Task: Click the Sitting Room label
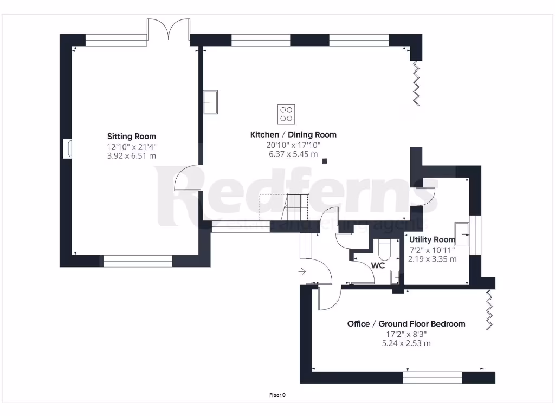(x=132, y=136)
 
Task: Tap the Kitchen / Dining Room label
(x=293, y=135)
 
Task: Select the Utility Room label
(x=432, y=239)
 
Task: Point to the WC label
(x=378, y=266)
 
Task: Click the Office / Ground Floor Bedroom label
(x=406, y=324)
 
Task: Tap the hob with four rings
(x=286, y=114)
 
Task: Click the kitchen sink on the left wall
(x=210, y=102)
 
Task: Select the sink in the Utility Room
(x=462, y=233)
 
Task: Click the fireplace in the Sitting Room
(x=67, y=149)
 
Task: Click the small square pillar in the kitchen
(x=325, y=160)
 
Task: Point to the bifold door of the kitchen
(x=416, y=82)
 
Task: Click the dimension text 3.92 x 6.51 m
(x=132, y=156)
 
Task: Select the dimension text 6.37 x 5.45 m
(x=293, y=154)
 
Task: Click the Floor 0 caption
(x=277, y=395)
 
